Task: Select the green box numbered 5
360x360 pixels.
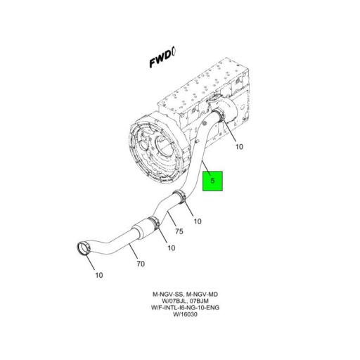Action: [x=213, y=181]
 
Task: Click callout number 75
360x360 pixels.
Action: [x=179, y=231]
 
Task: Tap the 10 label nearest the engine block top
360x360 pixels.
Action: [x=238, y=147]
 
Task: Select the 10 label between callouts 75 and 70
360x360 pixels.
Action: [x=171, y=247]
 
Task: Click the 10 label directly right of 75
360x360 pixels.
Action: [x=197, y=221]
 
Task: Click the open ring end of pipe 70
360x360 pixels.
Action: [x=84, y=249]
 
